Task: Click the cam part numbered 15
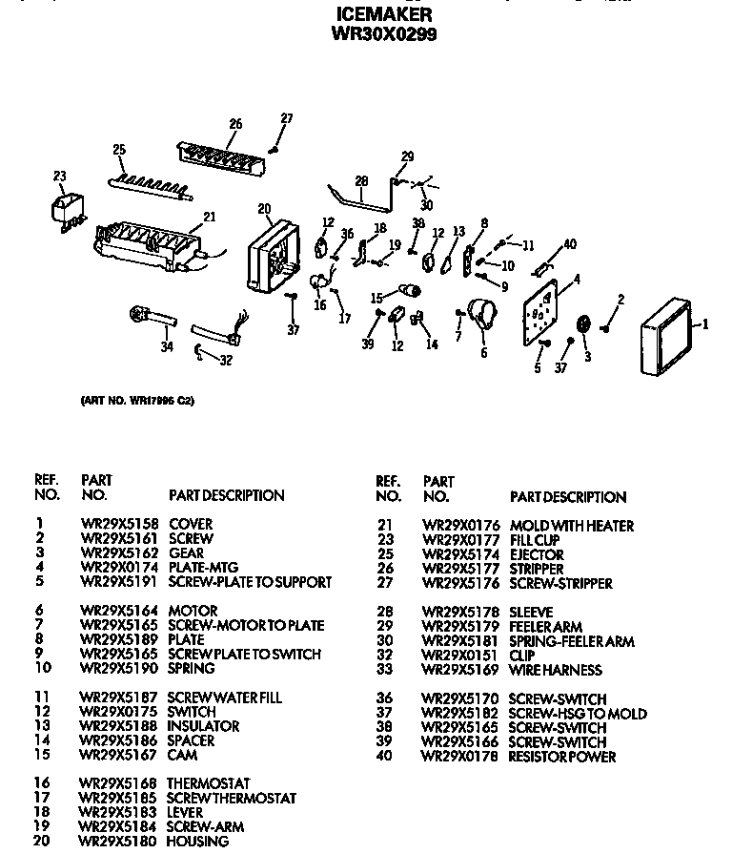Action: tap(408, 290)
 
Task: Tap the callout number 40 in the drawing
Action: tap(569, 244)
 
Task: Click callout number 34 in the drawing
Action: tap(167, 346)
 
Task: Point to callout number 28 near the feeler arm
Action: tap(360, 180)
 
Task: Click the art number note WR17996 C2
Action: tap(137, 400)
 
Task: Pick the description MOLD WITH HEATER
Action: tap(571, 526)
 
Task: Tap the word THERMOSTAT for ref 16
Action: tap(208, 783)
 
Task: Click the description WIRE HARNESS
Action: tap(556, 670)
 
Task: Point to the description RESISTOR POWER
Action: tap(561, 757)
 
